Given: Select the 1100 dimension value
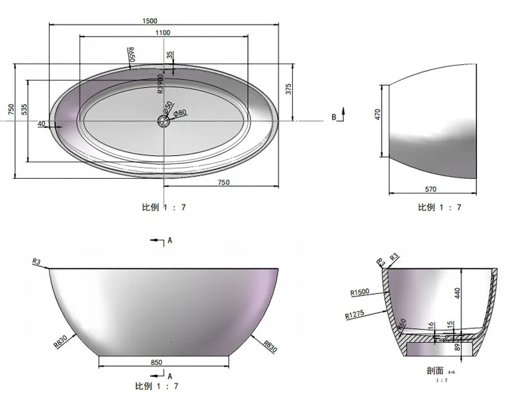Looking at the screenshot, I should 162,33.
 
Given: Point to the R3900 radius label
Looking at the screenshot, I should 161,84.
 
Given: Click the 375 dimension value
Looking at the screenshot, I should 289,89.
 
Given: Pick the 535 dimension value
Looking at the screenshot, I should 24,109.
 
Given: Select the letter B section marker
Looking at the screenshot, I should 334,116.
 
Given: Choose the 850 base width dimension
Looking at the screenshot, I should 156,362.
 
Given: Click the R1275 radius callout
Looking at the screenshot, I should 355,315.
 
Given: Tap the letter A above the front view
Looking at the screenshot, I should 169,240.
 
